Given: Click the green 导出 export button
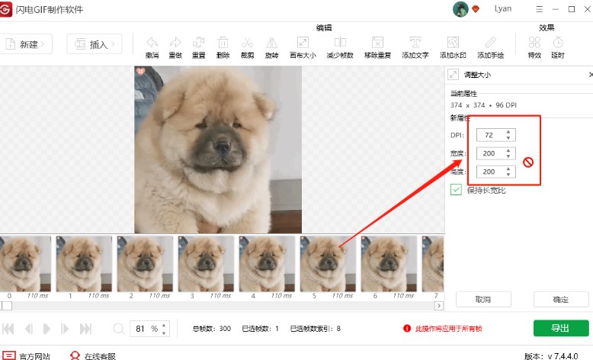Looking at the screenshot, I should (560, 328).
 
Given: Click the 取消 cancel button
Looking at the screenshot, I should (482, 299).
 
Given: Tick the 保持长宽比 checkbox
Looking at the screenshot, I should (456, 189).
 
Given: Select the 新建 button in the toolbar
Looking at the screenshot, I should (28, 44).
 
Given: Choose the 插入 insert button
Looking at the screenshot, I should (94, 44).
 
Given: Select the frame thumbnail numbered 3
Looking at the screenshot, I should (206, 263).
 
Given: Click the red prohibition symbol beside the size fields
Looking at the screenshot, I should (527, 162).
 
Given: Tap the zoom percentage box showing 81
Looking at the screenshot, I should (143, 329).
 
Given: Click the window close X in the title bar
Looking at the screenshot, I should (585, 9).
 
